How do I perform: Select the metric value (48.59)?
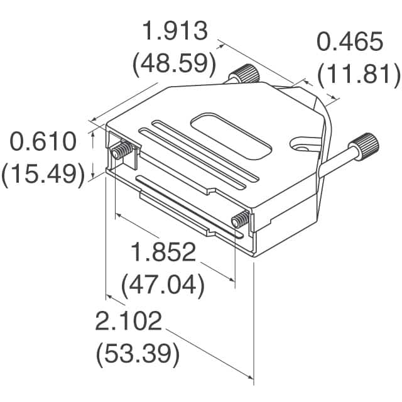coord(174,64)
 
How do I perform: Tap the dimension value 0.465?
coord(350,42)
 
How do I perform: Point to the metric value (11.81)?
coord(359,75)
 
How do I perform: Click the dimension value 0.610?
coord(43,142)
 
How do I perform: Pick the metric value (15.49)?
coord(43,174)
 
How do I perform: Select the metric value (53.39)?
coord(138,355)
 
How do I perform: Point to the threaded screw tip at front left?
coord(120,151)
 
